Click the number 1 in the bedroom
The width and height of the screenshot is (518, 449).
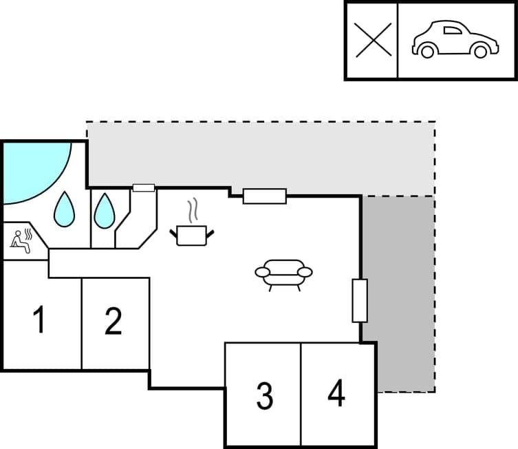click(39, 321)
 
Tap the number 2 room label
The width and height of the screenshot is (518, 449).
click(114, 321)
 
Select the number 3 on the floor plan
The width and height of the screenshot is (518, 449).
click(264, 395)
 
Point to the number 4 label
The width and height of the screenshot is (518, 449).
click(336, 393)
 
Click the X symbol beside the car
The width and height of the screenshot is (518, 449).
click(372, 40)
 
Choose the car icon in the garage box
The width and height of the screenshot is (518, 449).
click(454, 39)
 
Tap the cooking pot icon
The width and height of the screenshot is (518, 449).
click(192, 235)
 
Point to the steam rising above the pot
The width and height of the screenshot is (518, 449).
click(194, 209)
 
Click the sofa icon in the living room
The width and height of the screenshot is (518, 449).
click(283, 273)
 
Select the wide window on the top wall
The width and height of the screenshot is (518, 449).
click(265, 196)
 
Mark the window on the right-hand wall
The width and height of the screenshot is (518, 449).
click(360, 300)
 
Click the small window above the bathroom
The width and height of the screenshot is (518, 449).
click(143, 187)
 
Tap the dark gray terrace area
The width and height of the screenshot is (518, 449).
click(398, 289)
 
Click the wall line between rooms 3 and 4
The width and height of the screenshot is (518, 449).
click(301, 395)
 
